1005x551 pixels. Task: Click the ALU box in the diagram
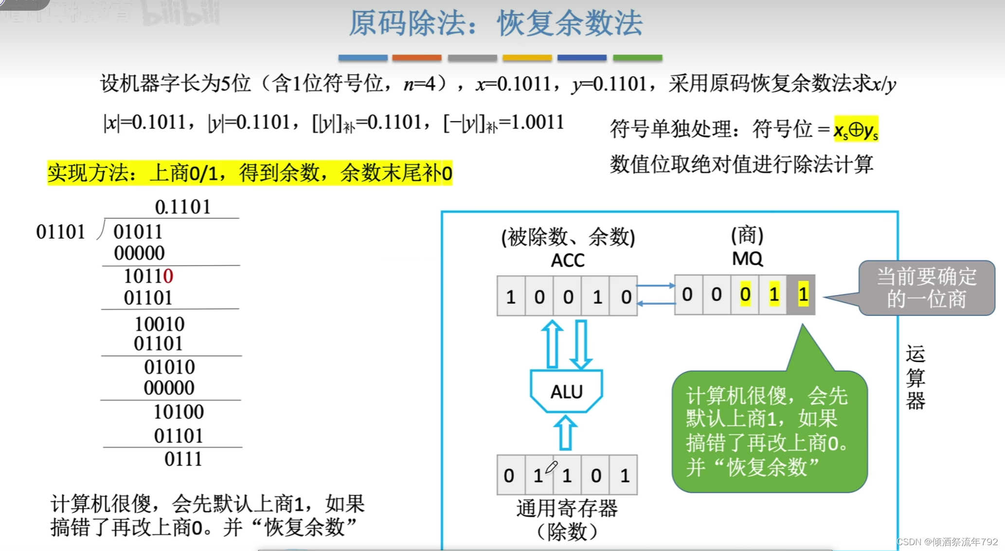[567, 391]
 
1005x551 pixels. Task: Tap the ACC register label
[568, 261]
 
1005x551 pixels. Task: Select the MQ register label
[747, 259]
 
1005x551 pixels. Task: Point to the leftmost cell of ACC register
[511, 297]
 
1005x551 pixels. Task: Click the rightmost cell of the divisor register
[625, 475]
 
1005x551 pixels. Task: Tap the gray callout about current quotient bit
[927, 288]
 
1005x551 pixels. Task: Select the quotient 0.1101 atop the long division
[182, 207]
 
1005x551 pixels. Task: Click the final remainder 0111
[183, 459]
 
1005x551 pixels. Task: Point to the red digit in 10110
[168, 276]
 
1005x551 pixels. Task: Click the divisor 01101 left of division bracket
[61, 232]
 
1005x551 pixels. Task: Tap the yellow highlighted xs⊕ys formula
[856, 129]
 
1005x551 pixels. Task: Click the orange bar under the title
[417, 58]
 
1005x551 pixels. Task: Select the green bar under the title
[637, 58]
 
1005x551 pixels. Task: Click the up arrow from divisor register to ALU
[565, 432]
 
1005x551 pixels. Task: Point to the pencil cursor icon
[551, 467]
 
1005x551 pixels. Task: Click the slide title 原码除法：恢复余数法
[496, 23]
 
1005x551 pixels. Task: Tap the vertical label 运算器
[915, 377]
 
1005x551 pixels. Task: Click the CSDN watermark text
[947, 542]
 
